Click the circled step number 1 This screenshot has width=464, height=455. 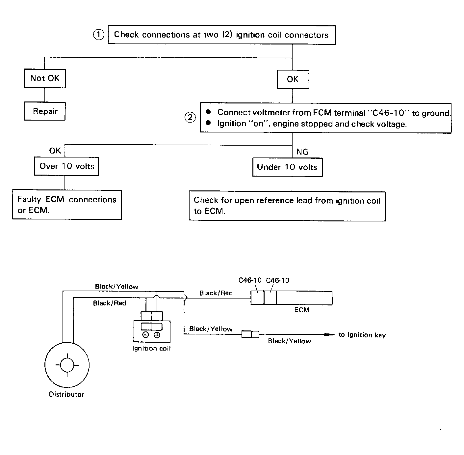98,35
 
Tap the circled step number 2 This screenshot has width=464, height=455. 190,117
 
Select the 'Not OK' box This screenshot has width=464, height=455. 45,79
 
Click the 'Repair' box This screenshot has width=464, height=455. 45,111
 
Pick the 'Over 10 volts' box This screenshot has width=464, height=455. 66,166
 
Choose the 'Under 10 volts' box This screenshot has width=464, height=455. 288,167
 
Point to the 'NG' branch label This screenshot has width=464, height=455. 302,152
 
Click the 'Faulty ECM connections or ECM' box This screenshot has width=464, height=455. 67,205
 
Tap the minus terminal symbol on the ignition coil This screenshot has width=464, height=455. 145,335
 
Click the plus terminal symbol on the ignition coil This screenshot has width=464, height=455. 157,335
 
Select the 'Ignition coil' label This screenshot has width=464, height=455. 151,348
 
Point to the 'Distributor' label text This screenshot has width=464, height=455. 66,394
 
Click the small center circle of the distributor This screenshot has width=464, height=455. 67,365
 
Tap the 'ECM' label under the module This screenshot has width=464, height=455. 301,310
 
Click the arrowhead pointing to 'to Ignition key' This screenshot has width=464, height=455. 329,334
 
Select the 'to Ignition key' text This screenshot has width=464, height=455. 362,335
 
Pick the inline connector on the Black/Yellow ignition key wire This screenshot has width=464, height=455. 250,334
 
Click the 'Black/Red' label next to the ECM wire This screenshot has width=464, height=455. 216,293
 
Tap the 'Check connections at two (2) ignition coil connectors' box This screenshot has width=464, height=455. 222,35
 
